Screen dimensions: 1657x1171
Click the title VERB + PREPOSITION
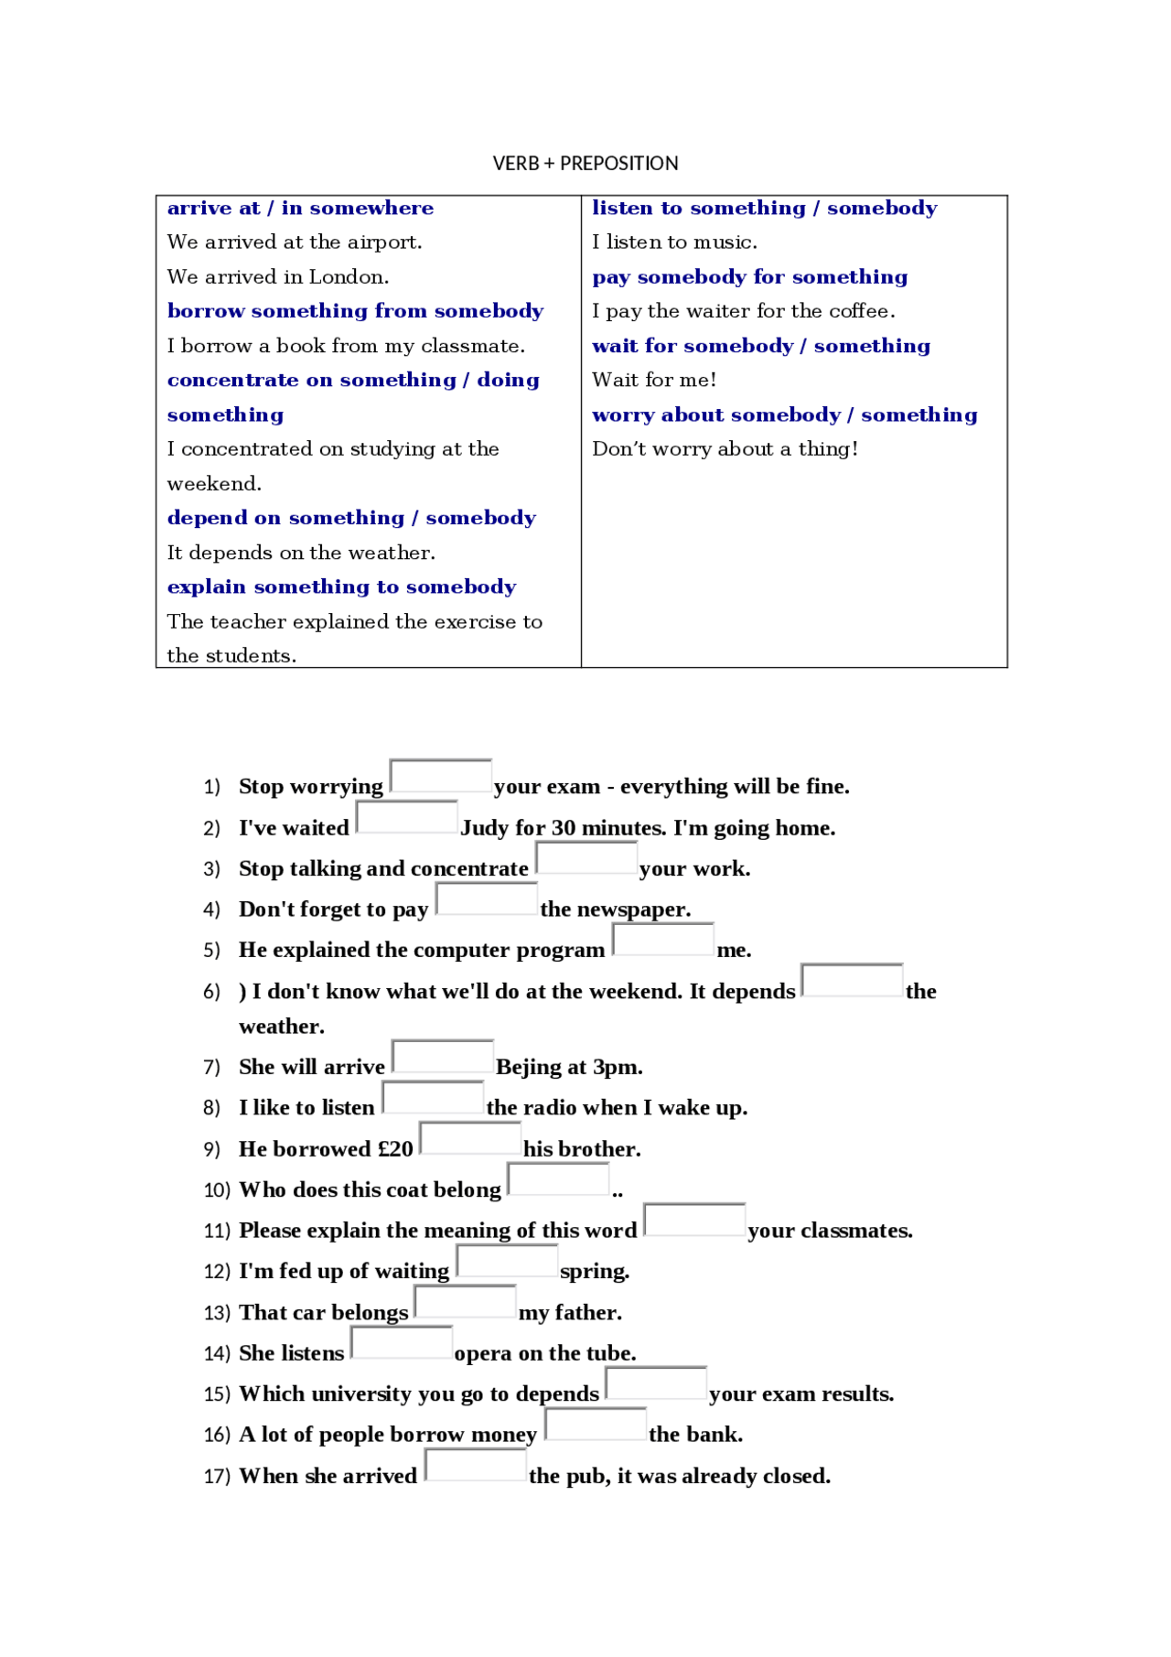585,164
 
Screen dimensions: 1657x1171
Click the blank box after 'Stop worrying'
441,776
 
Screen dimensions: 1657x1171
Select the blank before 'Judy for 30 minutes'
407,817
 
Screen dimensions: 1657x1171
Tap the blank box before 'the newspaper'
487,898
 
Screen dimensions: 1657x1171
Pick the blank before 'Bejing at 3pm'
443,1056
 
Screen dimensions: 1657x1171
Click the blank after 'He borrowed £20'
470,1138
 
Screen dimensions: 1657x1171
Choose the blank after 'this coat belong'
558,1178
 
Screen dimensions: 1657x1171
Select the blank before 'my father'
466,1301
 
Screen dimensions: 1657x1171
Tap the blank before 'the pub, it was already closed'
476,1465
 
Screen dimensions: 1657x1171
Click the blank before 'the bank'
596,1424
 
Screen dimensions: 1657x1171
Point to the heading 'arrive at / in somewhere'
300,209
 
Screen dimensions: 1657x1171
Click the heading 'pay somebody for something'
749,277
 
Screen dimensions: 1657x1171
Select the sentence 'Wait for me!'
654,380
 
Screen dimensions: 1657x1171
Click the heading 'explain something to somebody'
341,586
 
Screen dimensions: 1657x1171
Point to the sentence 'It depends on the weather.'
301,553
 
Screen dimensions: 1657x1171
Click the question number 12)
217,1272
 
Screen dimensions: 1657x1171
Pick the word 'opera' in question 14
484,1353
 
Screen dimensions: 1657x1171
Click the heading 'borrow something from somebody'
355,311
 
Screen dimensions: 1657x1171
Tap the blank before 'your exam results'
656,1383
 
